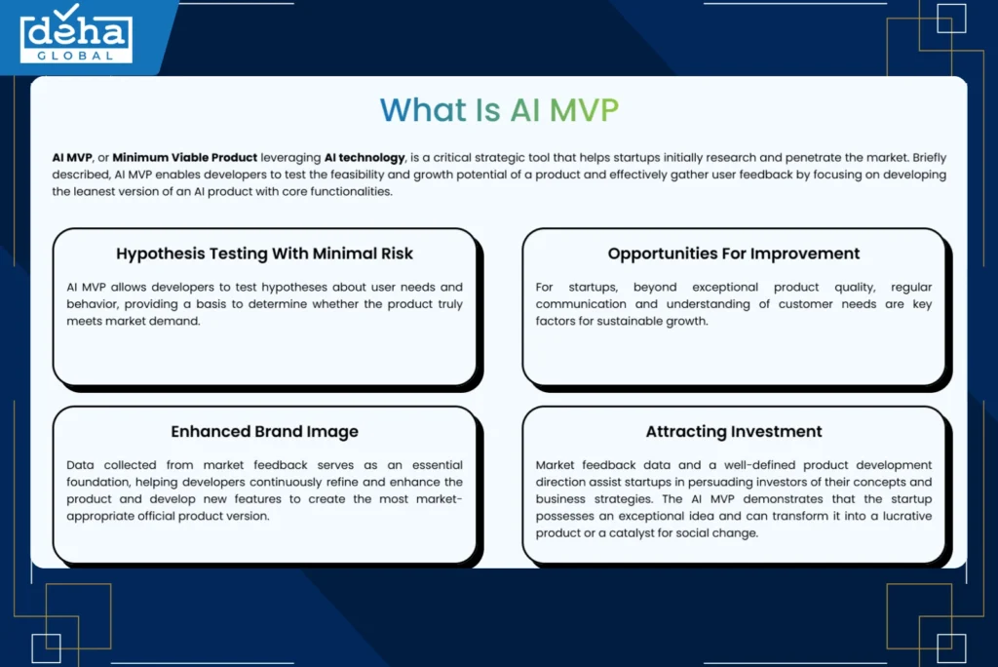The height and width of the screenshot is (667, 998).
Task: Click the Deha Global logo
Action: point(76,34)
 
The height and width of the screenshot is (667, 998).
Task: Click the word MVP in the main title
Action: point(584,110)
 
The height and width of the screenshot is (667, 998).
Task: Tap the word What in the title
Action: point(423,110)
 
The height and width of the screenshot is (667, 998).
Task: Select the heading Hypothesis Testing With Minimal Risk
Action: point(264,254)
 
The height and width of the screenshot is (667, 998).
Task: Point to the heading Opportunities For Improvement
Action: point(733,254)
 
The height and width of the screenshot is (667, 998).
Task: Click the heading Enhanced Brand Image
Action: point(264,431)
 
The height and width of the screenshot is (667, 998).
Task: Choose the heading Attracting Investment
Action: point(733,431)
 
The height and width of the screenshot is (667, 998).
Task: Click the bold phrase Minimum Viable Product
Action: point(184,157)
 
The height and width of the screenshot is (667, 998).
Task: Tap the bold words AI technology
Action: point(365,157)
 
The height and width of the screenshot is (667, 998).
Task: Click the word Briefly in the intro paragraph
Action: point(929,157)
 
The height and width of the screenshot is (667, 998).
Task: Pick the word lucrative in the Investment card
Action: point(907,516)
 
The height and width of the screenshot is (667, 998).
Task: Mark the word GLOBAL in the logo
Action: point(75,56)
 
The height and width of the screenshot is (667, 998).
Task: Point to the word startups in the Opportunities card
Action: point(594,288)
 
